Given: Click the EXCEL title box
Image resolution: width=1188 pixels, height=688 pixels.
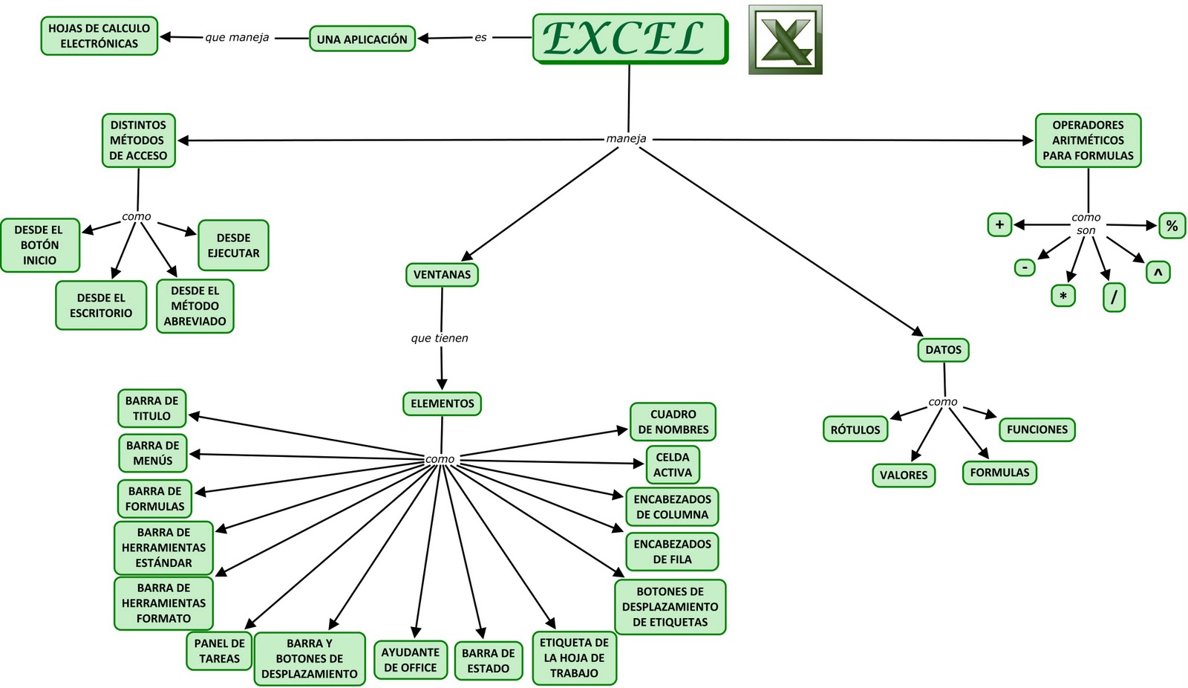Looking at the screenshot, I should pyautogui.click(x=629, y=38).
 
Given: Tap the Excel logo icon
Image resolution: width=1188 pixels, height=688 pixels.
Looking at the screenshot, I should pyautogui.click(x=785, y=40).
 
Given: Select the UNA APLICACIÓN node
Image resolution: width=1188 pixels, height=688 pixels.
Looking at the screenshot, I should pyautogui.click(x=362, y=39).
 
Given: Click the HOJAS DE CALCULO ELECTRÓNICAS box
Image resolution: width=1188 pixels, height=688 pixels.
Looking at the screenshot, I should pyautogui.click(x=99, y=36).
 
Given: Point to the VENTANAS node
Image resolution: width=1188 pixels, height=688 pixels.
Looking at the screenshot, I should pyautogui.click(x=442, y=275).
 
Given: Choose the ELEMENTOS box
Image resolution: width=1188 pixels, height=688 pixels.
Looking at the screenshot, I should pyautogui.click(x=442, y=404).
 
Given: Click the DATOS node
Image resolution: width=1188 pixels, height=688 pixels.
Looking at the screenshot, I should pyautogui.click(x=943, y=350).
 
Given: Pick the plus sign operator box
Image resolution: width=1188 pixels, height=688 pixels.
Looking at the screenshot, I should pyautogui.click(x=999, y=224).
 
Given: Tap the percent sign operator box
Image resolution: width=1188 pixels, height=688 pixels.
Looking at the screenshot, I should pyautogui.click(x=1172, y=226).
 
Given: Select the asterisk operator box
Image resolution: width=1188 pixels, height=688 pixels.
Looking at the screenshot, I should pyautogui.click(x=1063, y=296).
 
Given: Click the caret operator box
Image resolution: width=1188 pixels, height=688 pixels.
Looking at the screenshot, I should pyautogui.click(x=1158, y=273).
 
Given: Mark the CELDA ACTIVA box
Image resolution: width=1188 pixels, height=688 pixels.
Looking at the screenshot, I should pyautogui.click(x=672, y=465).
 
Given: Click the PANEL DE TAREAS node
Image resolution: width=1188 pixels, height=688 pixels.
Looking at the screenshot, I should pyautogui.click(x=219, y=651).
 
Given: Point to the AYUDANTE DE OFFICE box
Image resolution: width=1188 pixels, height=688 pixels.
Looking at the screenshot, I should pyautogui.click(x=410, y=660).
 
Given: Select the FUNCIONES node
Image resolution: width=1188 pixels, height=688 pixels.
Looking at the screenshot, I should pyautogui.click(x=1037, y=429).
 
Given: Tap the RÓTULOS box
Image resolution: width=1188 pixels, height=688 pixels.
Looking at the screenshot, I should pyautogui.click(x=855, y=429).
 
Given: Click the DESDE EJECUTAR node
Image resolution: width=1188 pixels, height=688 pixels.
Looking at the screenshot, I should pyautogui.click(x=233, y=246).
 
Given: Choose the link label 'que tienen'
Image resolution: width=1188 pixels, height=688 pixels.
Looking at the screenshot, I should pyautogui.click(x=440, y=339).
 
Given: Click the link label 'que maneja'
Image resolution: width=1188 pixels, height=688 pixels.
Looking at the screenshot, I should pyautogui.click(x=237, y=38).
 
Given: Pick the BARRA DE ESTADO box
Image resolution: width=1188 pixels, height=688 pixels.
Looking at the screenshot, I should pyautogui.click(x=488, y=661).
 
